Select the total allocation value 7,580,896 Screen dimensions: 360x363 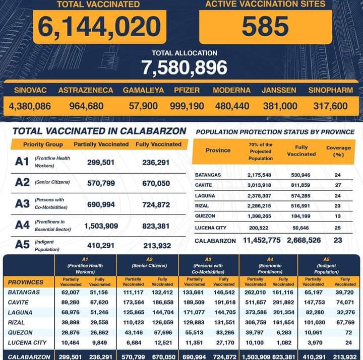coord(184,67)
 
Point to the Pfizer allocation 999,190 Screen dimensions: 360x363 coord(187,106)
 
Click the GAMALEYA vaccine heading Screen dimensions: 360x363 coord(143,90)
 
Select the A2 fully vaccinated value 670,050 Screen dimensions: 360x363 coord(153,183)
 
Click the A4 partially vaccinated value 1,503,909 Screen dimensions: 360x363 coord(101,226)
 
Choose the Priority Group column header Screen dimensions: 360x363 coord(43,144)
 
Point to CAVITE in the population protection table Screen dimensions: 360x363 coord(204,185)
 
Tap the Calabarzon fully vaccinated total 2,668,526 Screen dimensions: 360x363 coord(304,241)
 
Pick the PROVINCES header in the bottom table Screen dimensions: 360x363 coord(26,282)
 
